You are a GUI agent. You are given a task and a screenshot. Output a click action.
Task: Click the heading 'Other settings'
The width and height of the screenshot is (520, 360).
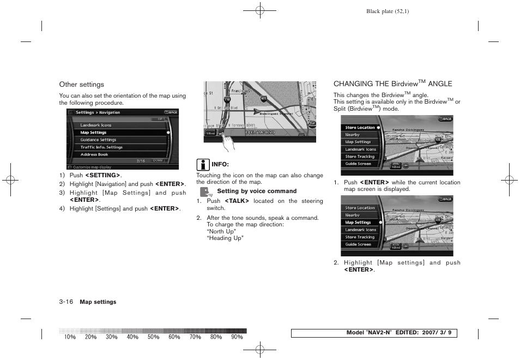tap(81, 85)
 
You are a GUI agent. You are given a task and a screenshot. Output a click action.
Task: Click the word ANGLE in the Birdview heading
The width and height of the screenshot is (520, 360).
tap(440, 84)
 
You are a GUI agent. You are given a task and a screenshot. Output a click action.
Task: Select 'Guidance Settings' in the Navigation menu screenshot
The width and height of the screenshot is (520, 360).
tap(98, 140)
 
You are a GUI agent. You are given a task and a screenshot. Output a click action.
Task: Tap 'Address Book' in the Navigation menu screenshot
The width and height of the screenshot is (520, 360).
tap(94, 154)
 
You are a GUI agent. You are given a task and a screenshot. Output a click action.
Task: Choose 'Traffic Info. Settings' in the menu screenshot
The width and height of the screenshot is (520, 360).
tap(101, 147)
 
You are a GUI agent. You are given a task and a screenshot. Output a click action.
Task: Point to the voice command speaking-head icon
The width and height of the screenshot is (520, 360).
tap(205, 191)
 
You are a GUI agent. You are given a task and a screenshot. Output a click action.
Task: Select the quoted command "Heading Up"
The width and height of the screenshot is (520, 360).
tap(225, 238)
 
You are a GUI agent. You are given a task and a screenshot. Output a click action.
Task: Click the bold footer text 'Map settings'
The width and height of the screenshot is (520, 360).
tap(98, 302)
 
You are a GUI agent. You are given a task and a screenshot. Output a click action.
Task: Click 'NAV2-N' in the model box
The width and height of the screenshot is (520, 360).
tap(379, 333)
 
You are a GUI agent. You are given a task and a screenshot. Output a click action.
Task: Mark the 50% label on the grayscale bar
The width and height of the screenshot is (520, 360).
tap(153, 337)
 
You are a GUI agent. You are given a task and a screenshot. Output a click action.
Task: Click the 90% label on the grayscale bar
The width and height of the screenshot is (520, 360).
tap(237, 337)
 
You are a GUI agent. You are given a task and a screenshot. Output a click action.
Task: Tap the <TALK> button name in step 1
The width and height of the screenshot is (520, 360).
tap(237, 201)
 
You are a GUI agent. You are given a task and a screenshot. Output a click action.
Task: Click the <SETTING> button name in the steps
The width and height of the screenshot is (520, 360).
tap(102, 175)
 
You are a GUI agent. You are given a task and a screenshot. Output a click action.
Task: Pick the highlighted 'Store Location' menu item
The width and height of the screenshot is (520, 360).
tap(360, 128)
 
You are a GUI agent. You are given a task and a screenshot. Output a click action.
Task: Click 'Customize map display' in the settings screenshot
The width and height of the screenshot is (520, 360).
tap(93, 167)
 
